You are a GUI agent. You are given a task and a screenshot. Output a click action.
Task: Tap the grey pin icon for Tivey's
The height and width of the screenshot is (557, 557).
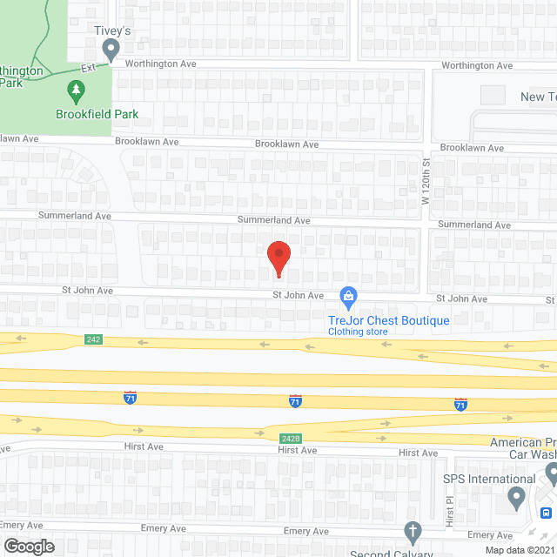pyautogui.click(x=111, y=50)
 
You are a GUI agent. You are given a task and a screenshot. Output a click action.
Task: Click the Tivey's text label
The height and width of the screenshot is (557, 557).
pyautogui.click(x=111, y=30)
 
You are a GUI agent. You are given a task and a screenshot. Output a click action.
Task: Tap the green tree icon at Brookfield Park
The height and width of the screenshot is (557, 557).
pyautogui.click(x=77, y=90)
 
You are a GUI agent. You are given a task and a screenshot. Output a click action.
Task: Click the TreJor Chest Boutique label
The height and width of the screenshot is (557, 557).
pyautogui.click(x=389, y=320)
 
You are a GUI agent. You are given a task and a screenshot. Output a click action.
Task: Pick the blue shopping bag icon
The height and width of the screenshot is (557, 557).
pyautogui.click(x=348, y=298)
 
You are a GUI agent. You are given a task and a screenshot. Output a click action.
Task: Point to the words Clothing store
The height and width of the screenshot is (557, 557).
pyautogui.click(x=357, y=332)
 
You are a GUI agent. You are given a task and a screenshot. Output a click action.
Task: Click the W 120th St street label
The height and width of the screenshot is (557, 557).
pyautogui.click(x=426, y=178)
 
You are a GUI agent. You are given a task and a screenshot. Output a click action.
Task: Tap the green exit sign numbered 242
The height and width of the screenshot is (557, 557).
pyautogui.click(x=94, y=339)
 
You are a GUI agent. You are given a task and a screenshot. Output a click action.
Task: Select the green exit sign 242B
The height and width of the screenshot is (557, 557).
pyautogui.click(x=290, y=439)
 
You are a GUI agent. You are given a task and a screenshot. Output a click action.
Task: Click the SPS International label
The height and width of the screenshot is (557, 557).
pyautogui.click(x=489, y=479)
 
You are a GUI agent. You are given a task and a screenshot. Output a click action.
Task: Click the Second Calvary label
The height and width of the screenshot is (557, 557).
pyautogui.click(x=392, y=553)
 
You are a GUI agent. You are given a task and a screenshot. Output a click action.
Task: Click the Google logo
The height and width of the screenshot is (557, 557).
pyautogui.click(x=29, y=547)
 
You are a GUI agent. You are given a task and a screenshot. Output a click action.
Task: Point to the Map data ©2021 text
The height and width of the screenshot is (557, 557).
pyautogui.click(x=519, y=550)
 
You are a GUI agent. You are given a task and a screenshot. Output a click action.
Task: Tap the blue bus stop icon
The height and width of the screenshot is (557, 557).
pyautogui.click(x=545, y=513)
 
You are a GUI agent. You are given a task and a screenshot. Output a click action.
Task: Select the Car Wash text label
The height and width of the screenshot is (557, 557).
pyautogui.click(x=533, y=454)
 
